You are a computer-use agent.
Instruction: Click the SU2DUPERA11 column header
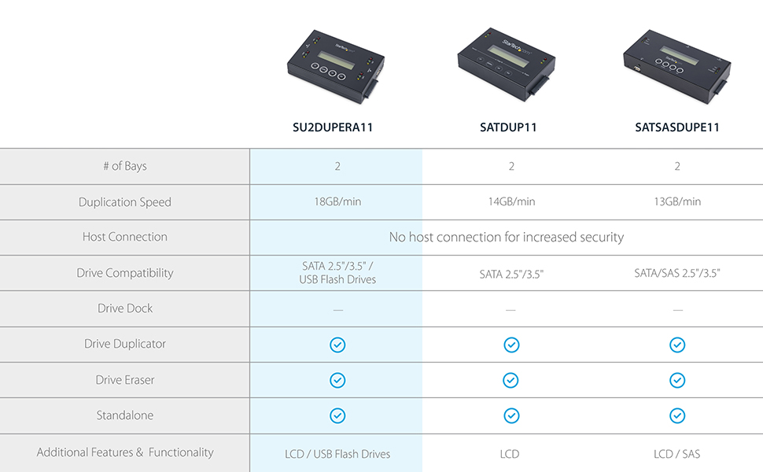[x=337, y=127]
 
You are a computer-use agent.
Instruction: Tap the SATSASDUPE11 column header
[x=676, y=127]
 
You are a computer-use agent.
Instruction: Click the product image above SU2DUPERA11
[x=335, y=68]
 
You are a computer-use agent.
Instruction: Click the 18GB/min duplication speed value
[x=337, y=201]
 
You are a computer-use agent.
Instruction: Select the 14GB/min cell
[x=511, y=201]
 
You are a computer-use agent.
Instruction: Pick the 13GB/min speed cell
[x=676, y=201]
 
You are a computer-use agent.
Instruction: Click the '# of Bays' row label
[x=125, y=166]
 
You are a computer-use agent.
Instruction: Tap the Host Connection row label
[x=125, y=237]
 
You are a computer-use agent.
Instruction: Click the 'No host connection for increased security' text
[x=506, y=237]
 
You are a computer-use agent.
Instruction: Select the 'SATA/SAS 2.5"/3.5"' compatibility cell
[x=676, y=273]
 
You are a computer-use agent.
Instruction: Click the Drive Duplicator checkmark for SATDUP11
[x=511, y=345]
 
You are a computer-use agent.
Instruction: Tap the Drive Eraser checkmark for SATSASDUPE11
[x=676, y=380]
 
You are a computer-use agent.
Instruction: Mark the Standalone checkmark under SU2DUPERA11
[x=337, y=415]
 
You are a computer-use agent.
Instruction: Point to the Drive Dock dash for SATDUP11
[x=511, y=310]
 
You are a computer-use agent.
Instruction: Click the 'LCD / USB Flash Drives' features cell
[x=337, y=454]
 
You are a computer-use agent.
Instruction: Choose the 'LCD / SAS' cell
[x=676, y=454]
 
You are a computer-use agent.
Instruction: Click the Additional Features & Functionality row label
[x=125, y=452]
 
